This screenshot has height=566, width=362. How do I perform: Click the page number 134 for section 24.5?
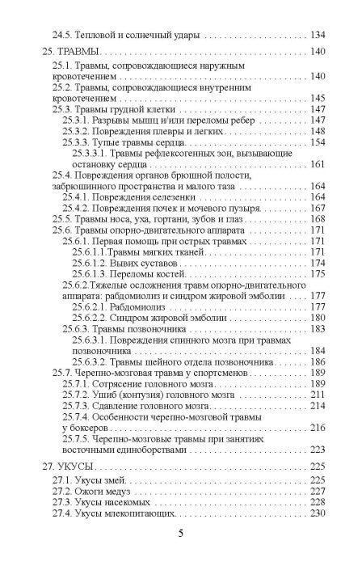(x=319, y=35)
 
